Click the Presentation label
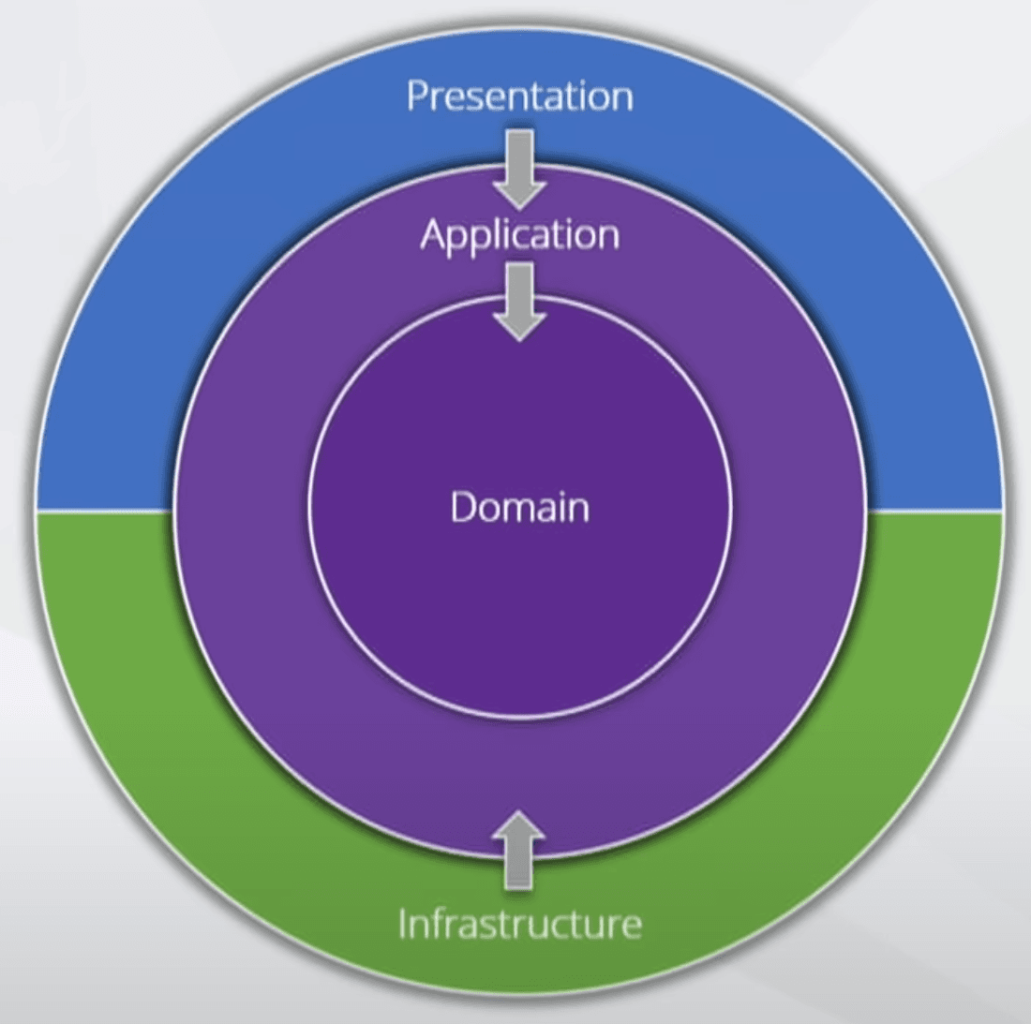tap(519, 96)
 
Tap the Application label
tap(519, 234)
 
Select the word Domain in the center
tap(519, 507)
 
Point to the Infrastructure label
tap(519, 924)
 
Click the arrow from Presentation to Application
tap(519, 169)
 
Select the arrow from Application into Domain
tap(519, 301)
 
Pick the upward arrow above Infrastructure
tap(519, 849)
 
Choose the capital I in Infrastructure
tap(403, 924)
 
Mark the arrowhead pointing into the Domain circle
tap(519, 324)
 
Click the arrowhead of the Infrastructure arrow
tap(519, 824)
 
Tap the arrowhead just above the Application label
tap(519, 192)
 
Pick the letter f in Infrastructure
tap(436, 923)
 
